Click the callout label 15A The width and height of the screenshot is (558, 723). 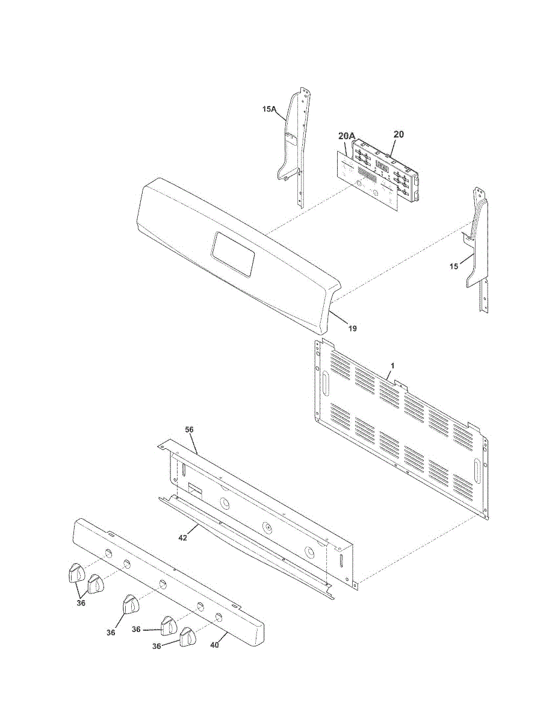[269, 109]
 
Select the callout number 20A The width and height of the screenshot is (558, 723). [346, 137]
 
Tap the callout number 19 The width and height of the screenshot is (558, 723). [353, 328]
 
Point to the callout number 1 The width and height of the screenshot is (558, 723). [392, 366]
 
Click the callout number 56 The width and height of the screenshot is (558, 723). [189, 430]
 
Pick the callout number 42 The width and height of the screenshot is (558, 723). [182, 537]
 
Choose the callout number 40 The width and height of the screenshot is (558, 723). [215, 645]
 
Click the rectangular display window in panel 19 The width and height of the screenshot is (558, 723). [233, 254]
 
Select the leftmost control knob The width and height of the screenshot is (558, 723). [74, 573]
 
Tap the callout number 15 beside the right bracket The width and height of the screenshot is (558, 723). [454, 266]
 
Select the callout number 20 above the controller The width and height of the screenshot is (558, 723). [399, 133]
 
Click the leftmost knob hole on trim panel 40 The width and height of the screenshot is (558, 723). [107, 553]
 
